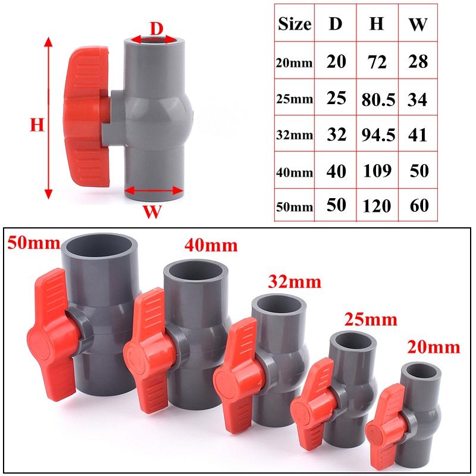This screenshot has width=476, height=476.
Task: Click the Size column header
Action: pyautogui.click(x=294, y=24)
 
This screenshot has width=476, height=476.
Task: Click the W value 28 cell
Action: pyautogui.click(x=418, y=61)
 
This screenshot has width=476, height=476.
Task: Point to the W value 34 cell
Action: pyautogui.click(x=418, y=99)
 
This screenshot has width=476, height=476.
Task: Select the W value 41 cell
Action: pyautogui.click(x=418, y=134)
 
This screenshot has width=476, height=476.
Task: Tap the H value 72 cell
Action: pyautogui.click(x=377, y=61)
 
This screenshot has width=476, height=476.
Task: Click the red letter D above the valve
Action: pyautogui.click(x=155, y=28)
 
